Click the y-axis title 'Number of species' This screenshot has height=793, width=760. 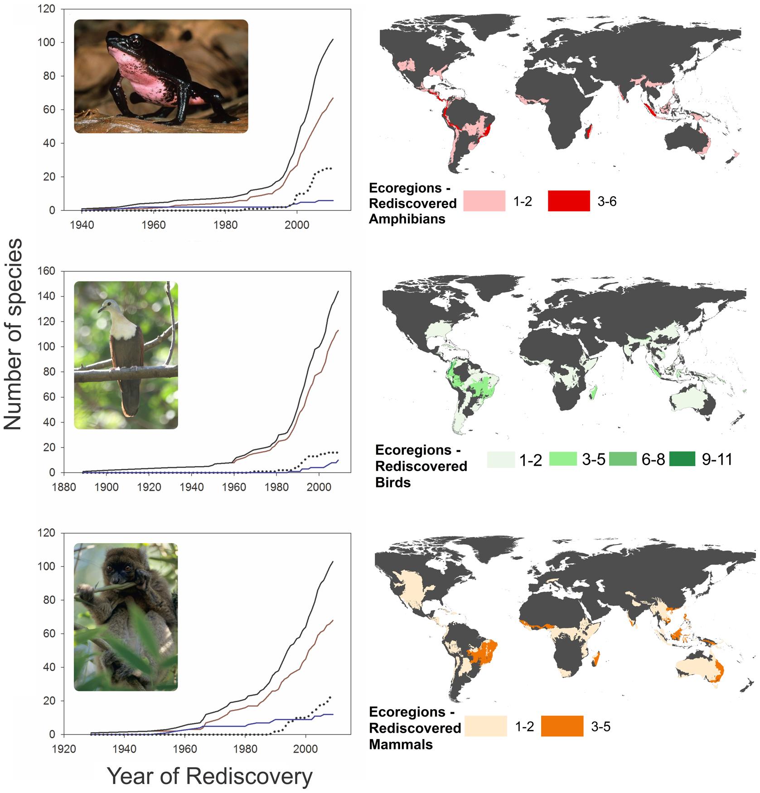point(14,335)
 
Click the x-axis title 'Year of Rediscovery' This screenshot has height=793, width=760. point(209,776)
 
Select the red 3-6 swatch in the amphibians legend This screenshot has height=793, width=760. point(568,201)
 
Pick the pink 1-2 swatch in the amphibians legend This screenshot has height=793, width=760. point(484,201)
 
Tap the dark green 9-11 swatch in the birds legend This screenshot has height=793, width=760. point(682,459)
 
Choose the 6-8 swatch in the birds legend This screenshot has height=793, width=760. point(623,459)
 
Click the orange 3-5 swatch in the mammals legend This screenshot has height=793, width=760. point(562,726)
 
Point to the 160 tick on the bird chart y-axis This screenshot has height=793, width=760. point(46,271)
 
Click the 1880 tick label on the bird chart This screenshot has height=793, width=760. point(64,487)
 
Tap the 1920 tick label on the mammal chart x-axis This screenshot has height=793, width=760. point(64,749)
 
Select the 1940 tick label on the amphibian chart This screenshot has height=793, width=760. point(82,225)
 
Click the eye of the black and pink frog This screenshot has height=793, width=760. point(136,43)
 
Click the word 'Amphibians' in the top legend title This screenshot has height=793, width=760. point(407,219)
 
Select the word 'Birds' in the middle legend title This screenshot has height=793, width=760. point(393,482)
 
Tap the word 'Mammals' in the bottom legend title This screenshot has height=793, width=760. point(401,744)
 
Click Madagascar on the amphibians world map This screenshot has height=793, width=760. point(589,132)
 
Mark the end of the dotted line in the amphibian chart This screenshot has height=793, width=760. point(331,169)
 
